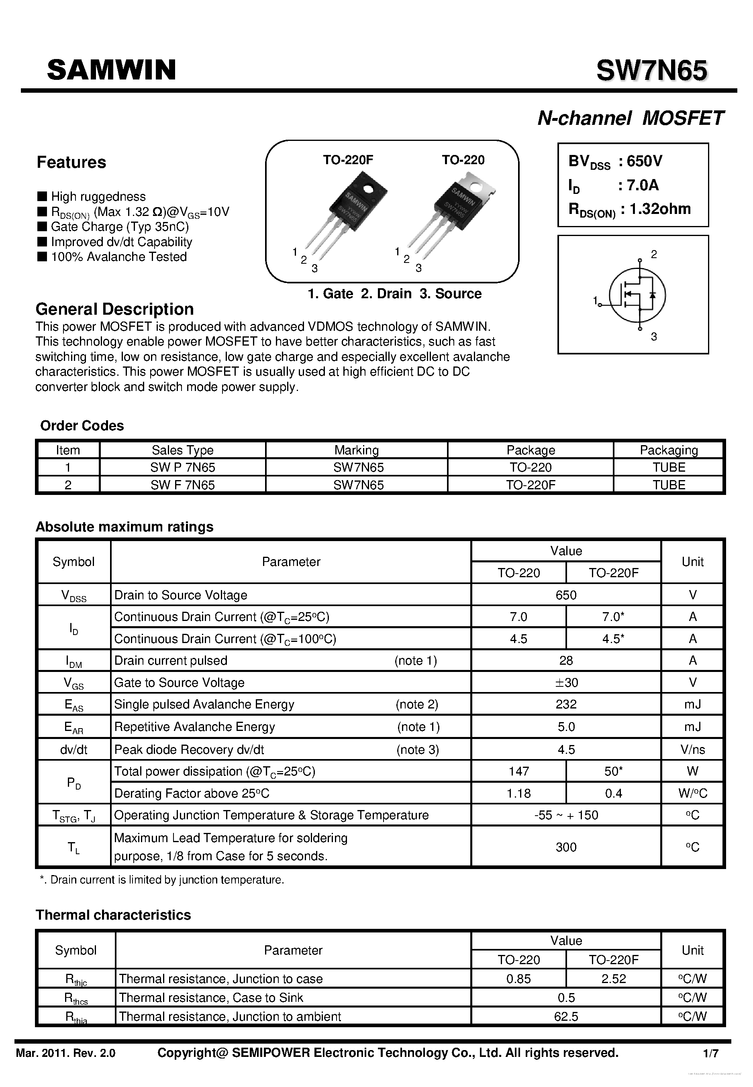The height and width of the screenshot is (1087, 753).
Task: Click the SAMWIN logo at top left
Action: tap(111, 70)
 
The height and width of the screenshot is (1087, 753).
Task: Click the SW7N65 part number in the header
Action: tap(651, 71)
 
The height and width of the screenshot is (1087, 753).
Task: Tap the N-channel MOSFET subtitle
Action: tap(631, 118)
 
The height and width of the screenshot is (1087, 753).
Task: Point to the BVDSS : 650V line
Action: tap(615, 162)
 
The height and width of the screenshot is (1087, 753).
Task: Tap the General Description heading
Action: tap(114, 309)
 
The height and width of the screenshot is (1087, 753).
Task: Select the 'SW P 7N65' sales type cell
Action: tap(183, 467)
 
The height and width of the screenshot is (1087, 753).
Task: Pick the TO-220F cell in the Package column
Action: tap(530, 485)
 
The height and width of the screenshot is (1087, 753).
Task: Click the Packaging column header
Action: tap(669, 450)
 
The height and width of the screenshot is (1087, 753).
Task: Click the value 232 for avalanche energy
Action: tap(566, 704)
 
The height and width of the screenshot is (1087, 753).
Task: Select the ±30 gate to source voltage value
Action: tap(566, 682)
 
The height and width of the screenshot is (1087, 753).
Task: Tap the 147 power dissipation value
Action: tap(518, 771)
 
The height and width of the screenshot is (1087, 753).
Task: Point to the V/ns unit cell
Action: tap(692, 750)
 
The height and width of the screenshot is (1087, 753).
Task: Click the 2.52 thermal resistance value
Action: tap(613, 979)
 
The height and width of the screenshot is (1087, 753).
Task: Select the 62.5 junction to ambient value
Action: tap(566, 1017)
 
